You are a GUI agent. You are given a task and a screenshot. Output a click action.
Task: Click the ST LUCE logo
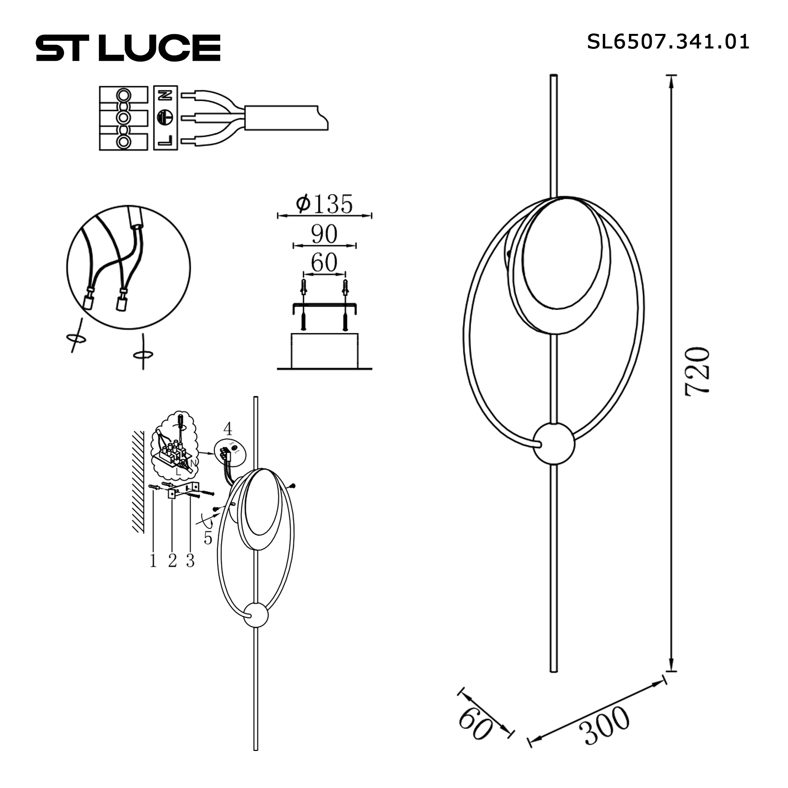128,48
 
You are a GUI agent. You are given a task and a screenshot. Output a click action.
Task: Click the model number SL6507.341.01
668,42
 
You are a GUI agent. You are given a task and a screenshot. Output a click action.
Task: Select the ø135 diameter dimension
324,204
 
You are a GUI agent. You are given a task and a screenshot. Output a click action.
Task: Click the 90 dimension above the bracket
324,234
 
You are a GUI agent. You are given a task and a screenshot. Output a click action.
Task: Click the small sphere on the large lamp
554,444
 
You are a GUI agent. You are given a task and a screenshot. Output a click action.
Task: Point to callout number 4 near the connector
228,429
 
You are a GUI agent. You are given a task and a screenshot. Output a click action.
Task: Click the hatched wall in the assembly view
138,481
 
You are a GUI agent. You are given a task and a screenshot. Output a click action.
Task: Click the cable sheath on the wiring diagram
286,118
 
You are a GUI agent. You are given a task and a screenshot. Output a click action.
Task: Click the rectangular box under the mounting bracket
325,351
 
